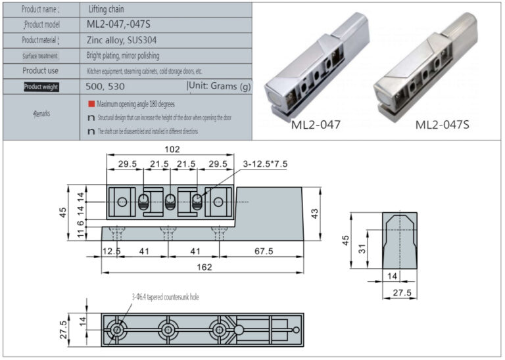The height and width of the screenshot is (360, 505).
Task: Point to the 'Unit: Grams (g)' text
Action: pyautogui.click(x=220, y=86)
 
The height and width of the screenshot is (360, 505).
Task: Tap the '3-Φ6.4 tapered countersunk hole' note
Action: pyautogui.click(x=165, y=297)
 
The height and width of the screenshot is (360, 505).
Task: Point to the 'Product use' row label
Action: pyautogui.click(x=41, y=70)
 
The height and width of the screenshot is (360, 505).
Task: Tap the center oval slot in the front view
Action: pyautogui.click(x=170, y=202)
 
